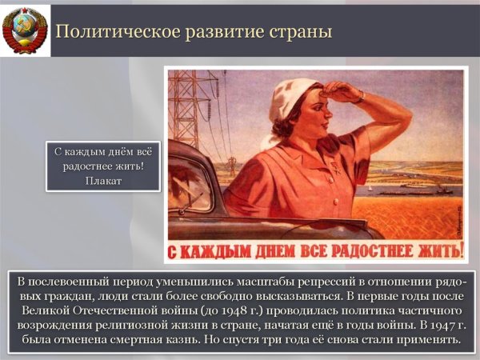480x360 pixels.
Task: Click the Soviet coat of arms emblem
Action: coord(24,30)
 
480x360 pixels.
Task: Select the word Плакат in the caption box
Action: coord(102,180)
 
